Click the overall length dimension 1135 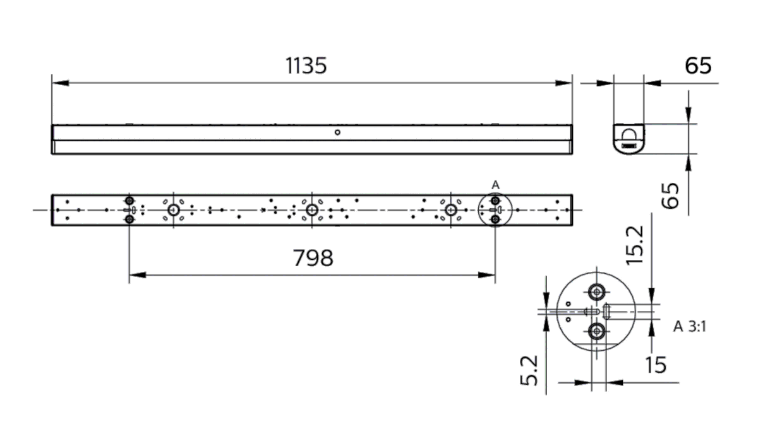click(306, 66)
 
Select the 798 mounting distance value click(313, 258)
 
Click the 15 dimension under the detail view click(656, 365)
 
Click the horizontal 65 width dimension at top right click(697, 66)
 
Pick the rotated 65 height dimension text click(672, 196)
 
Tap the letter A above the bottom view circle click(495, 184)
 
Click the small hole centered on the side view click(338, 132)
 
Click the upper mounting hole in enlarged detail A click(596, 291)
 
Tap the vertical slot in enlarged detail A click(607, 312)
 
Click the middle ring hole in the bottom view click(311, 209)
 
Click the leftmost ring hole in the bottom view click(173, 209)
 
